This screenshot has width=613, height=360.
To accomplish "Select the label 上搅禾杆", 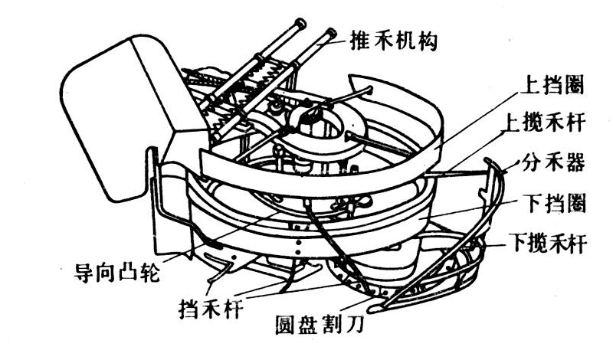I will click(552, 123).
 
